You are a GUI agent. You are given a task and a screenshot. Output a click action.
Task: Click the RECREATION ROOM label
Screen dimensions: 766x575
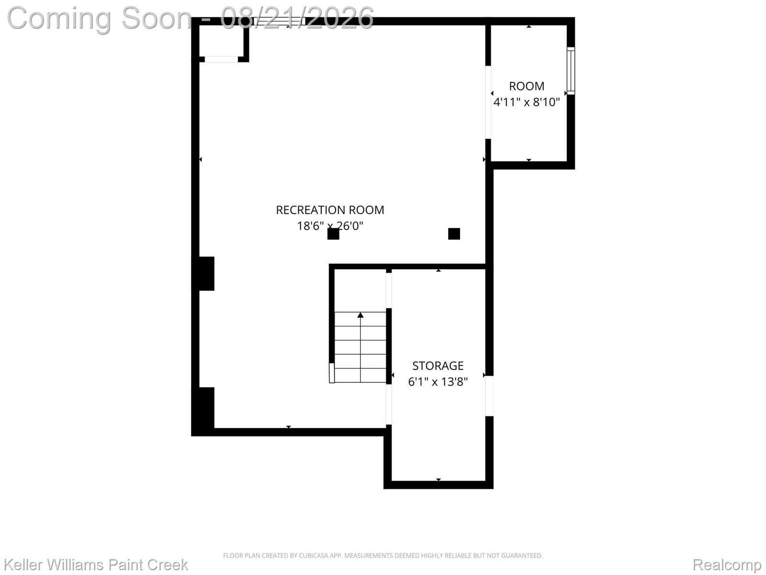[330, 210]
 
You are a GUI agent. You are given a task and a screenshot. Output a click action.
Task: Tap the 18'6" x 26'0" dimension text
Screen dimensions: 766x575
[330, 226]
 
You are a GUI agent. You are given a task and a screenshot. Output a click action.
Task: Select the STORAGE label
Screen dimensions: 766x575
[438, 366]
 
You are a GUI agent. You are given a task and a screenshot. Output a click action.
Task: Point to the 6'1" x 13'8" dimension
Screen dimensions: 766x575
[438, 381]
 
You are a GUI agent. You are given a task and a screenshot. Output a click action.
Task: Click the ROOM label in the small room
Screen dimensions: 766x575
[527, 86]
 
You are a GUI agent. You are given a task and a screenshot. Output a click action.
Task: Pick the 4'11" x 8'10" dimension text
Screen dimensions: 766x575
[527, 102]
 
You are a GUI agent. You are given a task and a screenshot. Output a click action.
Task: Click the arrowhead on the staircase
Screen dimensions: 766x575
[360, 315]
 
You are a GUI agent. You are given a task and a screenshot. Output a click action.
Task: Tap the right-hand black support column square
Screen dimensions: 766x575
[454, 233]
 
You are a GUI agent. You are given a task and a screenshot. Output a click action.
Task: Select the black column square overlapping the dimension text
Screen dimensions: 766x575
[333, 234]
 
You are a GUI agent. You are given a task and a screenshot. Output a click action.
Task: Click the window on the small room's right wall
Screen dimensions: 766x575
[571, 70]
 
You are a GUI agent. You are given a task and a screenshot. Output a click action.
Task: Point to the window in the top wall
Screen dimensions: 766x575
[279, 21]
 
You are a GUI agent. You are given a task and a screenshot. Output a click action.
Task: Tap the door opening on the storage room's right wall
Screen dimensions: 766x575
[489, 396]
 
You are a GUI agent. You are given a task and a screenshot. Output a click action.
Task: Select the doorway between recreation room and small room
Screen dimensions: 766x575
[488, 102]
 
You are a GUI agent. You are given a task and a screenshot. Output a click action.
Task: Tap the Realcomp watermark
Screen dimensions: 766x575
[727, 564]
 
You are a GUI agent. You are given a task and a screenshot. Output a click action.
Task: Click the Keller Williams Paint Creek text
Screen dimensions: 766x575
[96, 564]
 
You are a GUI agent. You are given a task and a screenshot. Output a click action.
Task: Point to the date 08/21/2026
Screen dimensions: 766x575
[297, 18]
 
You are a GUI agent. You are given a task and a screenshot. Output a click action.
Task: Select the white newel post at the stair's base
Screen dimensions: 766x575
[332, 373]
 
